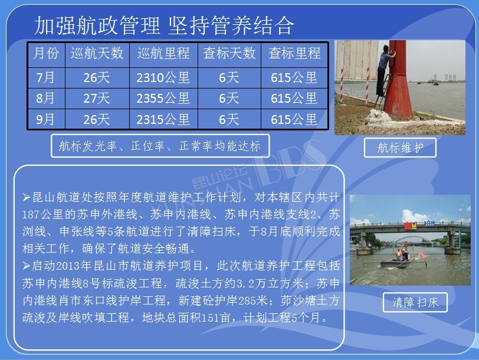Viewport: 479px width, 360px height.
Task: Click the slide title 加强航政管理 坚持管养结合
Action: pos(164,25)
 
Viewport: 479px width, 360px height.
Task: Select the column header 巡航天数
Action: pos(97,53)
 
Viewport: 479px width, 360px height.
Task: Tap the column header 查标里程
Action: pos(294,53)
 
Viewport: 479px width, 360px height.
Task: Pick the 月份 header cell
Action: pos(46,53)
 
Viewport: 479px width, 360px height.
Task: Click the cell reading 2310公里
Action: pos(163,78)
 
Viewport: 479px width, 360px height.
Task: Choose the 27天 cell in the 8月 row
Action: pos(97,99)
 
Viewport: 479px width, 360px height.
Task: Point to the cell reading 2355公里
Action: pos(163,99)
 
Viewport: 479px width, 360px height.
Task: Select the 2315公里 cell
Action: pos(163,119)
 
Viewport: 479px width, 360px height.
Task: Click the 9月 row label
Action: pos(45,119)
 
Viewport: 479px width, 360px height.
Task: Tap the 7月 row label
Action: pos(45,78)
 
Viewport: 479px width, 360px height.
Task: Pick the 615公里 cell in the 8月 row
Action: pos(294,99)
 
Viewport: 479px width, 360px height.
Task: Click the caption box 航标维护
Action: pos(400,148)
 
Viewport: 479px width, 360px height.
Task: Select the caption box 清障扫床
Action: pos(415,302)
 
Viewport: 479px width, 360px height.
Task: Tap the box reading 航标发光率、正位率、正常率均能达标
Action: pos(160,146)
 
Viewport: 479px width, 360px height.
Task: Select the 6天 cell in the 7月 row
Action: pos(229,78)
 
